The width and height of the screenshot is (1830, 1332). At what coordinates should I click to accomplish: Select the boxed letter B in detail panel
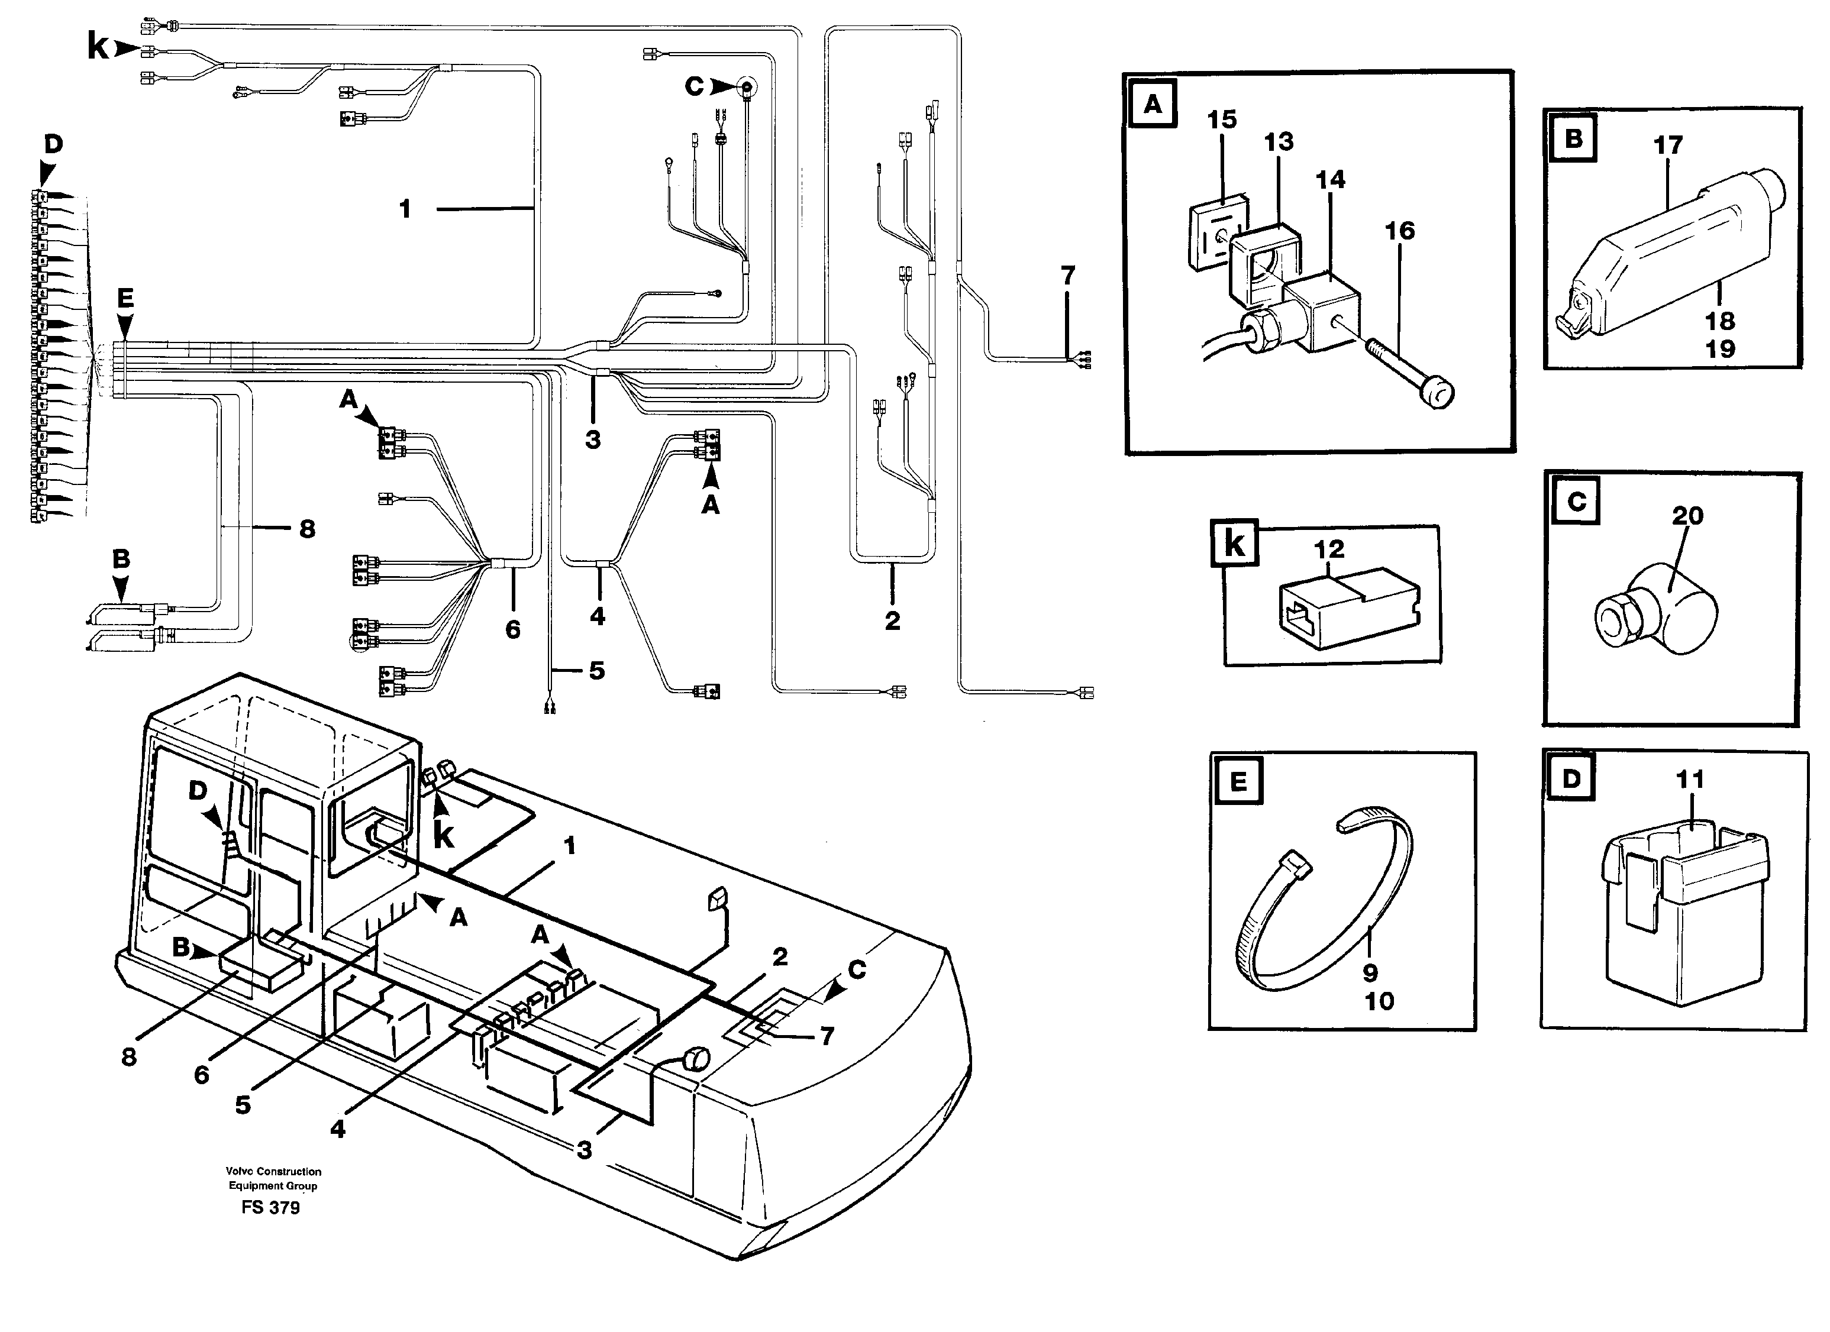[1573, 140]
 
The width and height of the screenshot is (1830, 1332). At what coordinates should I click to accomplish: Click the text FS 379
[270, 1208]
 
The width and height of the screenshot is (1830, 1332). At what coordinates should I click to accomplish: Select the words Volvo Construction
[273, 1172]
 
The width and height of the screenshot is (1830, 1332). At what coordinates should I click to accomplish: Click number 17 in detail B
[1668, 146]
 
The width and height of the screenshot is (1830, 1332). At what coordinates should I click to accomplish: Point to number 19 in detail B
[1719, 350]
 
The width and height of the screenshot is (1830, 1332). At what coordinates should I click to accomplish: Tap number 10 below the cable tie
[1379, 1001]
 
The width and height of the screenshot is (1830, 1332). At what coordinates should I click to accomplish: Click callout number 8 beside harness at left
[306, 529]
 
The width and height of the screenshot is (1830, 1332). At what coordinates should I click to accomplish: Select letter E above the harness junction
[124, 299]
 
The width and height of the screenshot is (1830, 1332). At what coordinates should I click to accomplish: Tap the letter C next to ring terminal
[694, 86]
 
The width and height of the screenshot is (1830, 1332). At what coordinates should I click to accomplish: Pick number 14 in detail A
[1331, 179]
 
